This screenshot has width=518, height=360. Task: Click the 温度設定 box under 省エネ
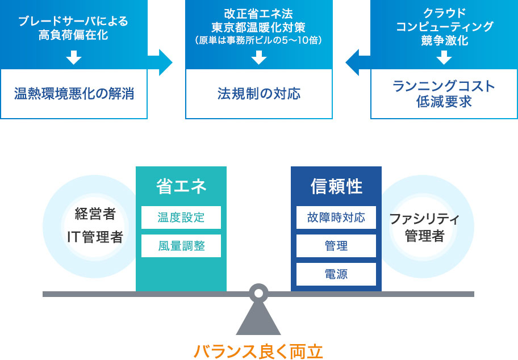pos(181,217)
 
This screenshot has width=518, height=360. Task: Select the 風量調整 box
pos(181,246)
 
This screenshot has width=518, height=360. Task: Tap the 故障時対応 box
pos(336,217)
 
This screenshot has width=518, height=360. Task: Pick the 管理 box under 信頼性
pos(336,246)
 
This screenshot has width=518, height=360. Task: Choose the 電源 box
pos(336,274)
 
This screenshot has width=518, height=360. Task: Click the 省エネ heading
pos(181,186)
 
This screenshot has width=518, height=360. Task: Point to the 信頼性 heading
pos(336,186)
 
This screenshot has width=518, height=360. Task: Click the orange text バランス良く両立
pos(258,351)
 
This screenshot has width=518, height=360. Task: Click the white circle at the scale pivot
pos(258,294)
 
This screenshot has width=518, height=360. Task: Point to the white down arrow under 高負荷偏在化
pos(74,57)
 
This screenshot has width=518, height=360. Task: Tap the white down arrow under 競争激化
pos(444,57)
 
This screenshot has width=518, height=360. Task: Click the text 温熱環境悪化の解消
pos(74,94)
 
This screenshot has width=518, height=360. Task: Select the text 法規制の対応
pos(259,94)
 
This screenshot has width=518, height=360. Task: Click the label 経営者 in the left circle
pos(95,214)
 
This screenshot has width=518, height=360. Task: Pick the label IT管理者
pos(95,237)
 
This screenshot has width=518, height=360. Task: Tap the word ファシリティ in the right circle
pos(424,219)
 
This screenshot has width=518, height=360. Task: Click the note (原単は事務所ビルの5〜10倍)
pos(258,40)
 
